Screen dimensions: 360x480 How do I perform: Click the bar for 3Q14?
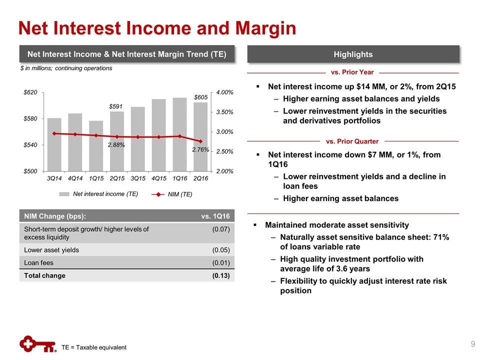point(54,145)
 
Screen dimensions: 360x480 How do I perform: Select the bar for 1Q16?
point(180,134)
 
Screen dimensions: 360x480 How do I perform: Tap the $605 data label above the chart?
point(201,97)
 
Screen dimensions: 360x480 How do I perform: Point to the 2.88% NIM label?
point(116,145)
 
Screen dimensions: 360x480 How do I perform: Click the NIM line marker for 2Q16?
point(200,141)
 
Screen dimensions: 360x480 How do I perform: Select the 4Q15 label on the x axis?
point(159,178)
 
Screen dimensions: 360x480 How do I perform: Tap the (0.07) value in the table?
point(220,229)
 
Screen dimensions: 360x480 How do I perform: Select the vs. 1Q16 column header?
point(215,216)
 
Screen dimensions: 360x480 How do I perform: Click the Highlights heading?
point(353,54)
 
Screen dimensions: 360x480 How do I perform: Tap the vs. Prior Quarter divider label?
point(352,141)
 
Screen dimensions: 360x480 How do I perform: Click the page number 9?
point(472,343)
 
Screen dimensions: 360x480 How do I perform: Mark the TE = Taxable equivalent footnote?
point(94,347)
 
